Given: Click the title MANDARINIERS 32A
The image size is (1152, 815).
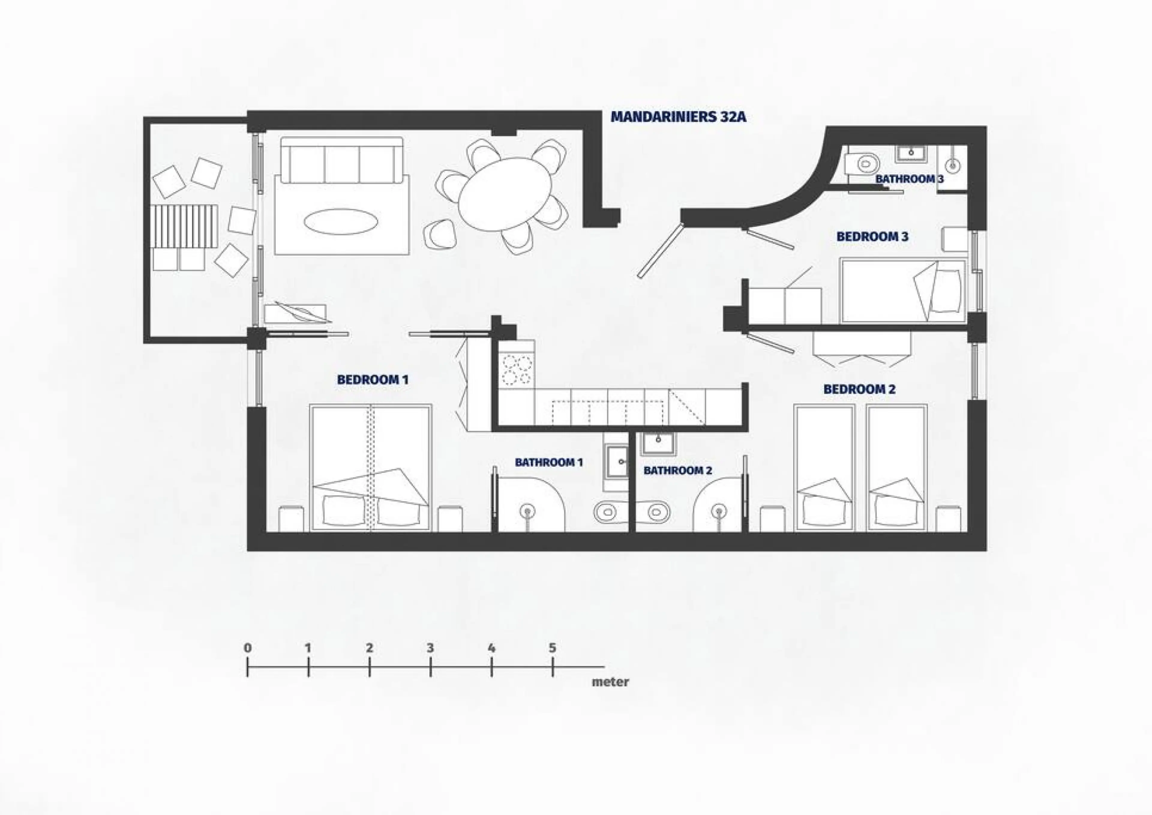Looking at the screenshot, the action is point(678,117).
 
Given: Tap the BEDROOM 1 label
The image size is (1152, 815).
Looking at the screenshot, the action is point(373,380).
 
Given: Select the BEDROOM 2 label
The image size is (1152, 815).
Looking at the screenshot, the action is point(859,389).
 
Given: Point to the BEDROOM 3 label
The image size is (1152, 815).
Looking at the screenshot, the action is point(872,236).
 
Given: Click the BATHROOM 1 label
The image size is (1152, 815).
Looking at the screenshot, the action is point(549,462).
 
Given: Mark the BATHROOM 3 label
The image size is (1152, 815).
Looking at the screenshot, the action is point(910,179).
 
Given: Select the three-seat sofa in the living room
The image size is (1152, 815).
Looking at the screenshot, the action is point(342,160).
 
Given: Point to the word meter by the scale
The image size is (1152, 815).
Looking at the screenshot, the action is point(610,682).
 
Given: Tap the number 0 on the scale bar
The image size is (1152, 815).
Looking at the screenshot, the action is point(247,648).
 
